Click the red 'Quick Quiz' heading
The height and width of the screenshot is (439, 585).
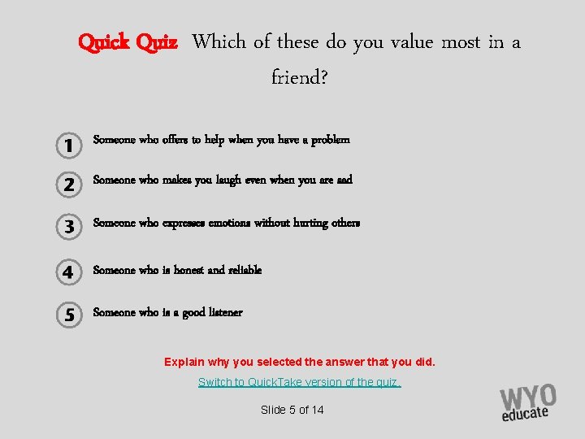click(128, 41)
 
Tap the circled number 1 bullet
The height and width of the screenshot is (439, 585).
click(69, 145)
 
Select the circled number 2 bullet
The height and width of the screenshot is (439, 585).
click(69, 185)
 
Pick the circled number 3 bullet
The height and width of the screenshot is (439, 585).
click(69, 227)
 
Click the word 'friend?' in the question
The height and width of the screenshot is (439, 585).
click(300, 79)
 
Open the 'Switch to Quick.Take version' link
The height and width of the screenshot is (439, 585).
click(300, 382)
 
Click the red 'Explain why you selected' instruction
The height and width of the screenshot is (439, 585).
click(300, 362)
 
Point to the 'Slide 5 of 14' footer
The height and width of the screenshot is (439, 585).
click(292, 410)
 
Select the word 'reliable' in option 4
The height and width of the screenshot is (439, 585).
click(245, 270)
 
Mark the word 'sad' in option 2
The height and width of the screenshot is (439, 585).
click(344, 180)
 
